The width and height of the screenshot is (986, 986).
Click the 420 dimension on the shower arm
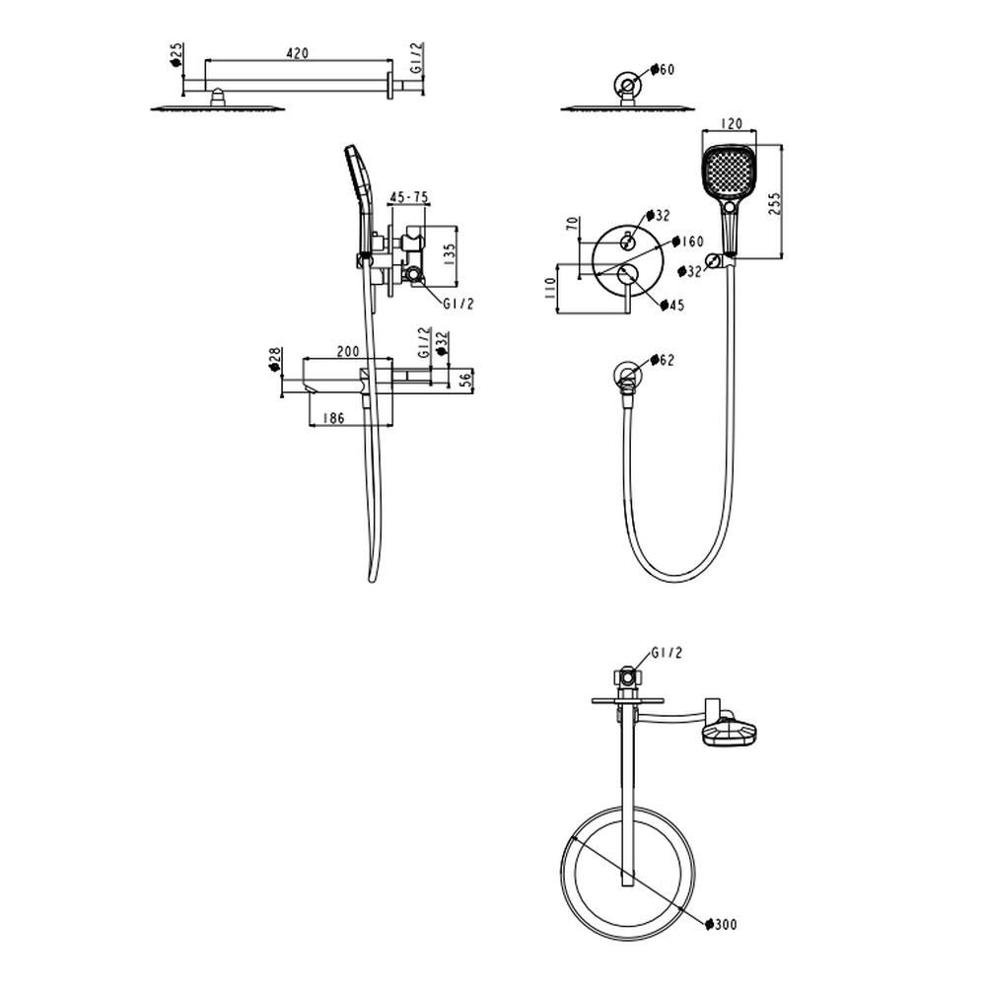click(x=298, y=53)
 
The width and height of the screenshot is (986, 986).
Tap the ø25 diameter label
click(x=176, y=55)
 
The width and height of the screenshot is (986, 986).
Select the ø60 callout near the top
click(x=663, y=69)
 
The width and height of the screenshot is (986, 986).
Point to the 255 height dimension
click(x=774, y=204)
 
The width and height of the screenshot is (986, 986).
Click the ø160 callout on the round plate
click(x=688, y=242)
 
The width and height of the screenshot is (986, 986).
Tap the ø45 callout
click(x=672, y=306)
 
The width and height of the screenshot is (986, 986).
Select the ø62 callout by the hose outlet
click(x=663, y=360)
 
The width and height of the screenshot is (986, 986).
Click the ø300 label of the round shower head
click(x=721, y=925)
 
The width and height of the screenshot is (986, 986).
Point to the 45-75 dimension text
click(x=409, y=197)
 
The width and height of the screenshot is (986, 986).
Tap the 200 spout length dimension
click(x=348, y=351)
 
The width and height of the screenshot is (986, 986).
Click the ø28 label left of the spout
click(x=274, y=360)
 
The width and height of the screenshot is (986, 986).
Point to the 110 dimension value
click(x=550, y=288)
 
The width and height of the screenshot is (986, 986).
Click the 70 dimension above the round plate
click(x=572, y=224)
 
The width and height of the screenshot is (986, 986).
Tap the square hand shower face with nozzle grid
click(x=729, y=172)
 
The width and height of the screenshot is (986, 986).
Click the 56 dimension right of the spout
click(x=465, y=380)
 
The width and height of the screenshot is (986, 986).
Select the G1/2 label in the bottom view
click(x=667, y=653)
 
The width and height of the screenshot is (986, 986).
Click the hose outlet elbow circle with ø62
click(x=628, y=375)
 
